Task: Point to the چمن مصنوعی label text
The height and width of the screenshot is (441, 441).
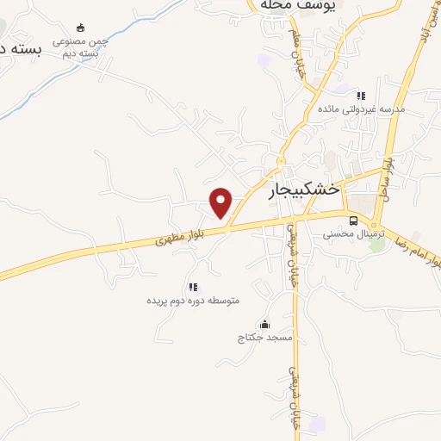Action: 80,40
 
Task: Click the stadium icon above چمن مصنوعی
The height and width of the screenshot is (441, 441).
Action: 81,28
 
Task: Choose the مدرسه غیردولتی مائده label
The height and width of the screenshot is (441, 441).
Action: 361,109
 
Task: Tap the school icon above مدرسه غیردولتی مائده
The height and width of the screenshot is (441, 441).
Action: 361,95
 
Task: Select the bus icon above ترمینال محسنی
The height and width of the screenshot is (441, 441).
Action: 353,220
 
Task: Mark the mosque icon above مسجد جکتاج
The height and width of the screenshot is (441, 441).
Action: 264,324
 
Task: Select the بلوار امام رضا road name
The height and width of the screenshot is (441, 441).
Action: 414,252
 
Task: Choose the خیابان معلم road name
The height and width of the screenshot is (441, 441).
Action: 304,55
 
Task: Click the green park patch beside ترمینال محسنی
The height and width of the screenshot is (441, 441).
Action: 376,243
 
